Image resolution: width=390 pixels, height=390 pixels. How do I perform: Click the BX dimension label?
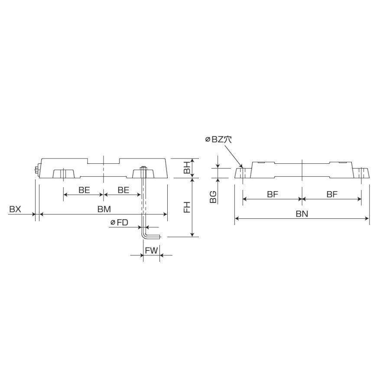tap(15, 209)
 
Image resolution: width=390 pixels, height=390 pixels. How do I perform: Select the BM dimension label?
tap(104, 209)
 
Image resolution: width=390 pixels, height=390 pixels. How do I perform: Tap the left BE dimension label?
tap(84, 190)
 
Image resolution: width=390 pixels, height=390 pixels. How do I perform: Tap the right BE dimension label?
tap(123, 190)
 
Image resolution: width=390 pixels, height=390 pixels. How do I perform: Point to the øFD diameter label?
tap(120, 222)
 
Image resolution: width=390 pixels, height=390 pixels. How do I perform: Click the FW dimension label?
tap(152, 250)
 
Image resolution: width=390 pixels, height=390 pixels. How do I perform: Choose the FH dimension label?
tap(187, 207)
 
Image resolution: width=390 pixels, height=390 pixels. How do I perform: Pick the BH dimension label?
tap(187, 168)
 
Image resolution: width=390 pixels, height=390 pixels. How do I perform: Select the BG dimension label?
tap(213, 197)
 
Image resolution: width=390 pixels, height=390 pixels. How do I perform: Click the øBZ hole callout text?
tap(218, 139)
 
